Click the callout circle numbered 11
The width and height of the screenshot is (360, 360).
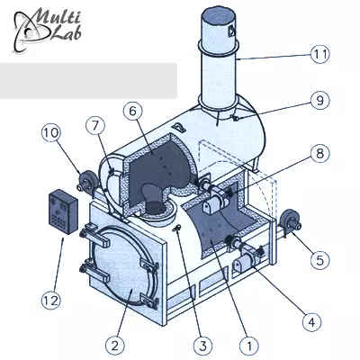pos(320,54)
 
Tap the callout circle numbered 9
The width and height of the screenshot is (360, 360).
pos(319,101)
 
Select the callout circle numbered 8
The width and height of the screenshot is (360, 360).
pos(319,154)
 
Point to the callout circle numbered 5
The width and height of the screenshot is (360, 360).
pos(319,260)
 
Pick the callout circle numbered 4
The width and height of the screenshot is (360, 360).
pos(312,322)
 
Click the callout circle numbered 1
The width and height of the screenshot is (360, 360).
pos(249,346)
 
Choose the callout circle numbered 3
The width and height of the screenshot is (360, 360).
pos(203,346)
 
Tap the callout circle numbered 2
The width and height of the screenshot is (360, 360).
pos(115,346)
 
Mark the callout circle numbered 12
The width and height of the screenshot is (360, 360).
pos(50,301)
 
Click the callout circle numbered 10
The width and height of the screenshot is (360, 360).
pos(50,132)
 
